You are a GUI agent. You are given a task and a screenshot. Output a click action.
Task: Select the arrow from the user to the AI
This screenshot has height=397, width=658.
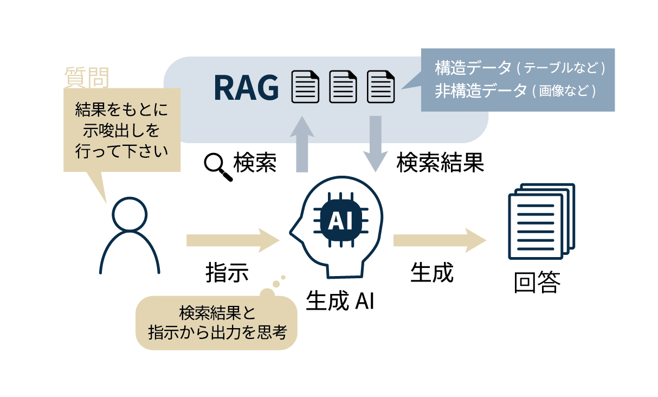tap(231, 240)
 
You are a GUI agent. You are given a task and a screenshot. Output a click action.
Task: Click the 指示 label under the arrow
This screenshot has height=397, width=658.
tap(227, 273)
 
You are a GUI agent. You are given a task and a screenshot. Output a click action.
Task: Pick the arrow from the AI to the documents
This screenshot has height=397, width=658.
tap(439, 240)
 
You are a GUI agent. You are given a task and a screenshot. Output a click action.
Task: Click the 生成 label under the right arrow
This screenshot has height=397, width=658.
tap(431, 272)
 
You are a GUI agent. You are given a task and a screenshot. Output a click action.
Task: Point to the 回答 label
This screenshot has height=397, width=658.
tap(537, 283)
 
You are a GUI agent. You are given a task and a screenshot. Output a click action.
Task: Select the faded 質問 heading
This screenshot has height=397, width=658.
tap(86, 76)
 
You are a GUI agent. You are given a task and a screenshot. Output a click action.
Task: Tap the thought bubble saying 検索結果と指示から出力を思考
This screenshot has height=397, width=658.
tap(216, 322)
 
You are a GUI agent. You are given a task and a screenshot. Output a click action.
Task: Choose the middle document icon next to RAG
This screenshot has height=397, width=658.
tap(343, 87)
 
